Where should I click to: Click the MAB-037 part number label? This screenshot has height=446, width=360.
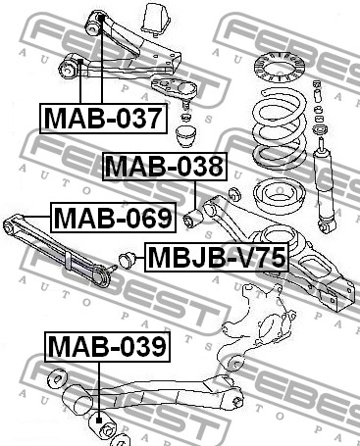[x=103, y=119]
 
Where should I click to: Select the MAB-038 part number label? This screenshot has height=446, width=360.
[x=165, y=167]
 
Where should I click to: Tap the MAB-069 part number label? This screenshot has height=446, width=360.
[x=113, y=218]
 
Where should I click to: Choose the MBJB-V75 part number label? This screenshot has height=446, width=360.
[x=217, y=257]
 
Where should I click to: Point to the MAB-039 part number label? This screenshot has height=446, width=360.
[x=107, y=347]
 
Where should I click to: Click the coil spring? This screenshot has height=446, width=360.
[x=281, y=127]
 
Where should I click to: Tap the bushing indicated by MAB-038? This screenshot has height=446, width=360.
[x=193, y=219]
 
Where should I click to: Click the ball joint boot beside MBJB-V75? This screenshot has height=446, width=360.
[x=128, y=260]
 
